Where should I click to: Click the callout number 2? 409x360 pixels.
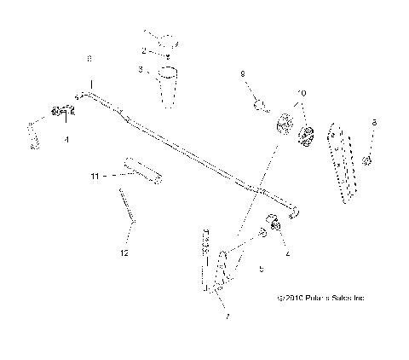(143, 51)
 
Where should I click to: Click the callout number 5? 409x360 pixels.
(262, 268)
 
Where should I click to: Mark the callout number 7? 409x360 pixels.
(228, 316)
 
